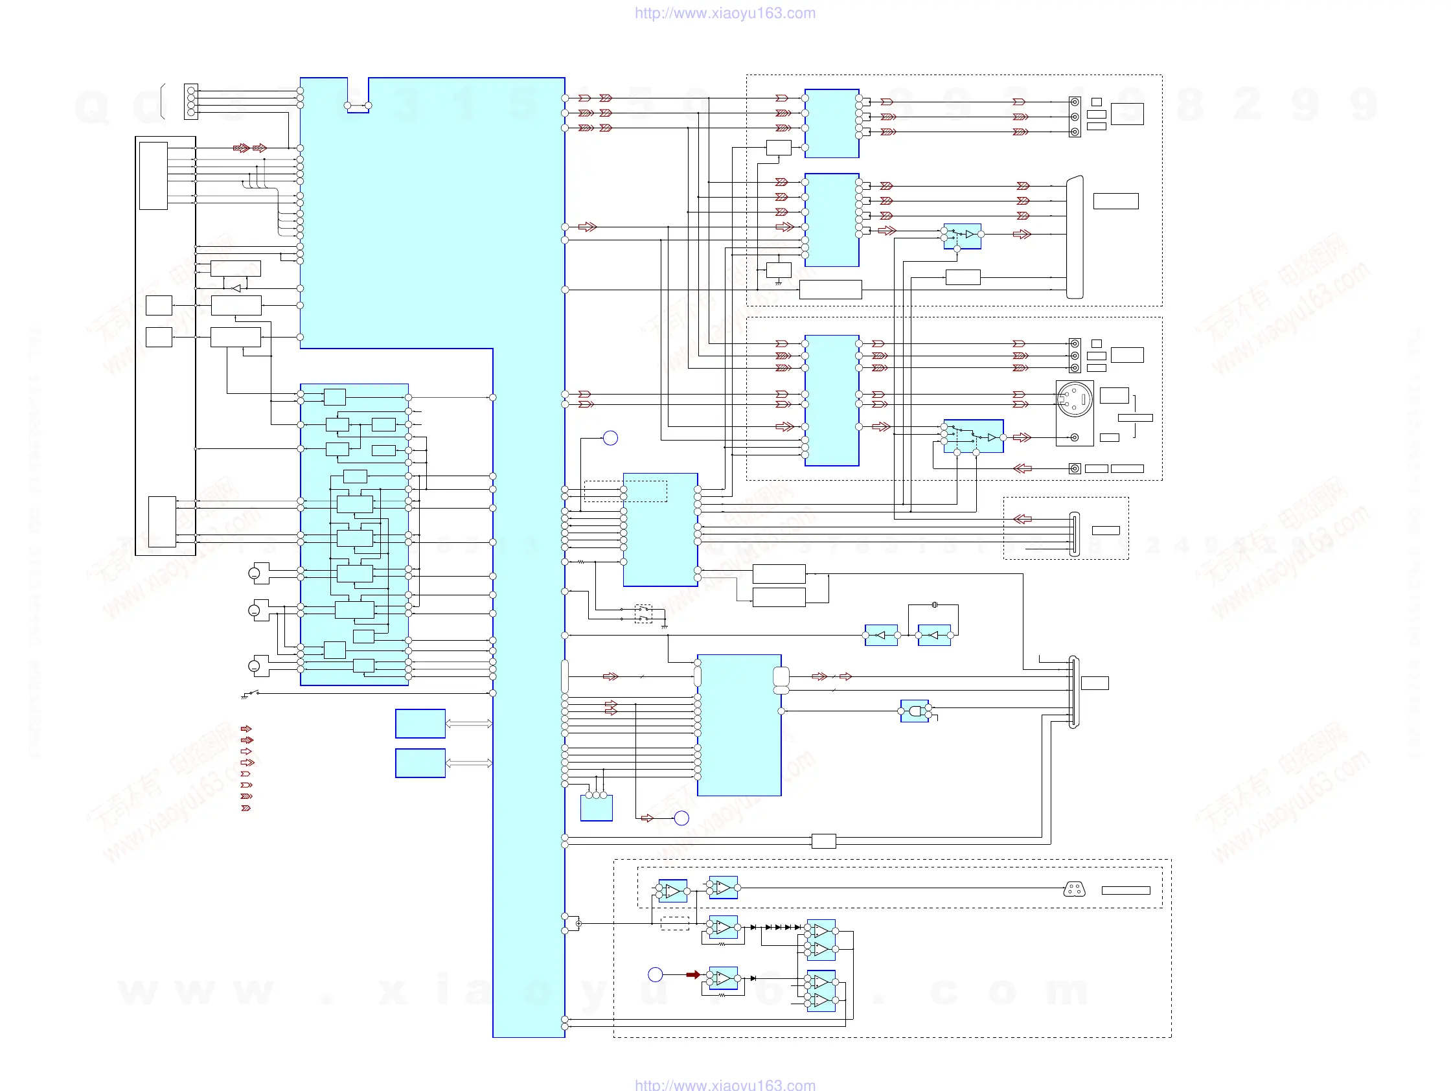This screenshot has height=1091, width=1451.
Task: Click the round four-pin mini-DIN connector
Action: (1075, 398)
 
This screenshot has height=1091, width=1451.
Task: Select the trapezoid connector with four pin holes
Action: (1074, 890)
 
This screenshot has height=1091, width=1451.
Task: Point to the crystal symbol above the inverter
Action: (934, 605)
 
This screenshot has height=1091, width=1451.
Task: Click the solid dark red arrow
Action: (692, 975)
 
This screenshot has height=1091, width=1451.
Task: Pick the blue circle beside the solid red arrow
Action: (655, 975)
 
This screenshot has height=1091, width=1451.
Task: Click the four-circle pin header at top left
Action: (191, 102)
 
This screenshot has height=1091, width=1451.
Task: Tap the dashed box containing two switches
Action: (643, 614)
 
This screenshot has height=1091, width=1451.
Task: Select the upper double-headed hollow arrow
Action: (468, 724)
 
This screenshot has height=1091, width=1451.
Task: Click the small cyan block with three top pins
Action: (597, 808)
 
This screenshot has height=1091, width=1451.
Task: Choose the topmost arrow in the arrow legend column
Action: (246, 729)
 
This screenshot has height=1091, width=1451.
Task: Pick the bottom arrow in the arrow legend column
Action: (246, 809)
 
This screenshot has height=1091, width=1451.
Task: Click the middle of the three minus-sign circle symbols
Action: (254, 611)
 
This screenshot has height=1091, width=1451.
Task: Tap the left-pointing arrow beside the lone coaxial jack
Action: (1022, 468)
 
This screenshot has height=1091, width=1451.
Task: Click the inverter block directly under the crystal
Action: (934, 635)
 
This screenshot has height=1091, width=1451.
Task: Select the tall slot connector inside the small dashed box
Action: (1074, 534)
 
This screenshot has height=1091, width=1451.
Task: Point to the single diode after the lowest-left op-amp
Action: (753, 978)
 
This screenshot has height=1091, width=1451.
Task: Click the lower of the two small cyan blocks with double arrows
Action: (420, 763)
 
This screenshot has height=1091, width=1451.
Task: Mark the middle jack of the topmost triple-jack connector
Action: (1075, 117)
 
